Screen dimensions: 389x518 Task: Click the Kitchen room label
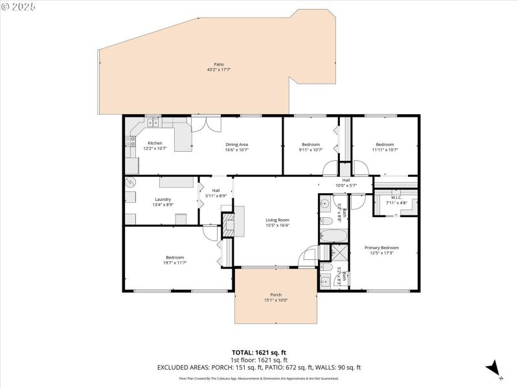point(155,143)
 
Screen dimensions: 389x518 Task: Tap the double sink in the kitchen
point(153,122)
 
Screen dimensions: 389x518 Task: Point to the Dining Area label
point(237,144)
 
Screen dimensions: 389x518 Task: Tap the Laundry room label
point(163,199)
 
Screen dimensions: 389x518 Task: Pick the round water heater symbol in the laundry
point(130,182)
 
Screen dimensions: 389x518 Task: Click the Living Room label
point(277,220)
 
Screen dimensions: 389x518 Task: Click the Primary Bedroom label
point(381,248)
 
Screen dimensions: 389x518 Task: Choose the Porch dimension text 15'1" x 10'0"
point(276,300)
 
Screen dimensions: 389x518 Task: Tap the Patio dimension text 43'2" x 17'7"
point(219,69)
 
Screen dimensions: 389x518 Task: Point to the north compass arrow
point(493,367)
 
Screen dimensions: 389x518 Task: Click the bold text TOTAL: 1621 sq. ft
point(258,353)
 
